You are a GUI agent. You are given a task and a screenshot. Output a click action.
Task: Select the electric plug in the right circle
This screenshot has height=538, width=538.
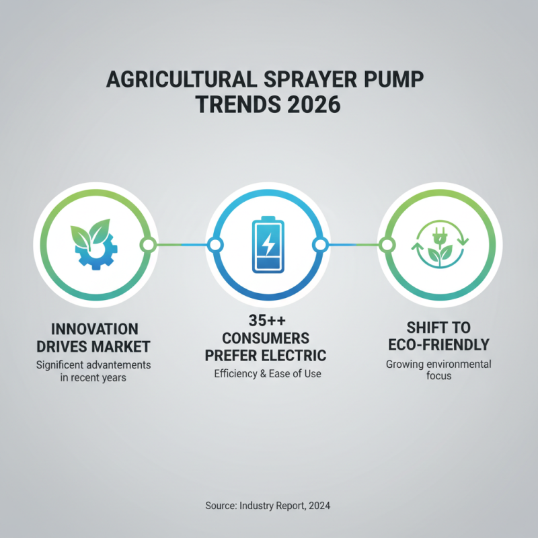point(438,235)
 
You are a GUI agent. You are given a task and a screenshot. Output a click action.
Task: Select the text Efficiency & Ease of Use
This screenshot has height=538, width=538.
point(268,374)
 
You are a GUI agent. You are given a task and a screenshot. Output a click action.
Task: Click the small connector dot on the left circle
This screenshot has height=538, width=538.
point(148,244)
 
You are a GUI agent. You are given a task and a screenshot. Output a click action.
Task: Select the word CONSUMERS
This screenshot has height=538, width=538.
point(268,338)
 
